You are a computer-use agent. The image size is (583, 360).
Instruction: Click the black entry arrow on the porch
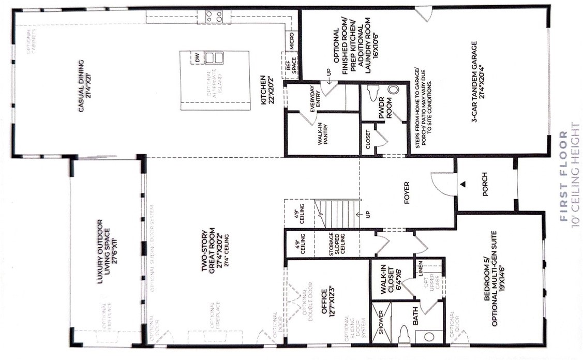[464, 184]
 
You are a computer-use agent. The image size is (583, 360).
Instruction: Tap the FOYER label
[406, 192]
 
